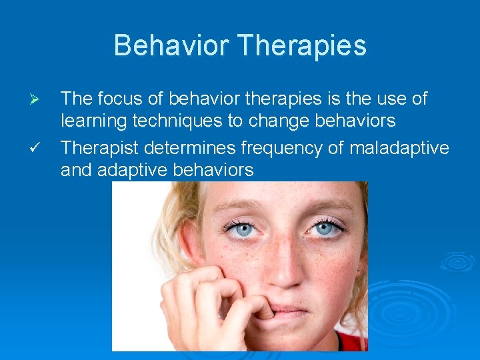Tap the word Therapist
(100, 146)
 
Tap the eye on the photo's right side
(324, 228)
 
